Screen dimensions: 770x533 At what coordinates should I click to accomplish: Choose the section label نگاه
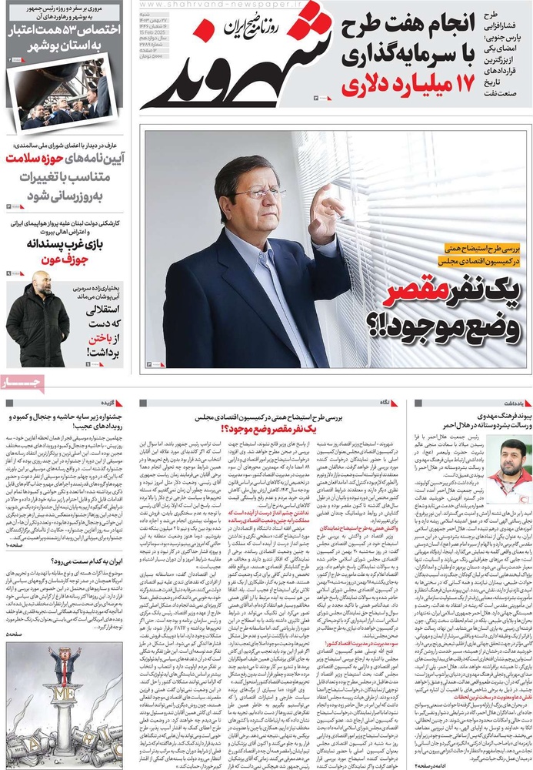point(384,403)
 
